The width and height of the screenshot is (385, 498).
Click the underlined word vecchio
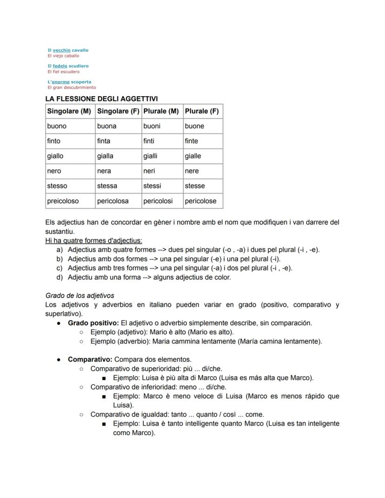[61, 50]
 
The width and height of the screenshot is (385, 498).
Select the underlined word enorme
[60, 82]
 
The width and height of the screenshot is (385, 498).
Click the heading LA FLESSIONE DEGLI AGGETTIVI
[101, 99]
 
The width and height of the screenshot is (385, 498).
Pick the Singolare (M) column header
[69, 112]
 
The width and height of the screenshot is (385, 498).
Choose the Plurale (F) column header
[202, 112]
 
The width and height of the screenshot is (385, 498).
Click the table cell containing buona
[107, 126]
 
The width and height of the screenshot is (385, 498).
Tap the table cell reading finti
[149, 141]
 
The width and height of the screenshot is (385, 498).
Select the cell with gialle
[193, 156]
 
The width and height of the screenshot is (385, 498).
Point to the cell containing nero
[54, 171]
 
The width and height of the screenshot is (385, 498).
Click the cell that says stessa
[107, 186]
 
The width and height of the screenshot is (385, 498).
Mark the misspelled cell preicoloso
[63, 201]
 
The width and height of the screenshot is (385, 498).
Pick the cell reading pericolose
[200, 201]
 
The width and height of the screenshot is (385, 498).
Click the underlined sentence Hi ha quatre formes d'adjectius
[93, 240]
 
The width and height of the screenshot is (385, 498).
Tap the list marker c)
[59, 268]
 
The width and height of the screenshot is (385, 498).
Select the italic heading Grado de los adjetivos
[80, 296]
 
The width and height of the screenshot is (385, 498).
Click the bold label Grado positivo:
[93, 323]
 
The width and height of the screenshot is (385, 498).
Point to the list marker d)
[59, 278]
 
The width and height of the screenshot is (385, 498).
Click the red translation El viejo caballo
[63, 56]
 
